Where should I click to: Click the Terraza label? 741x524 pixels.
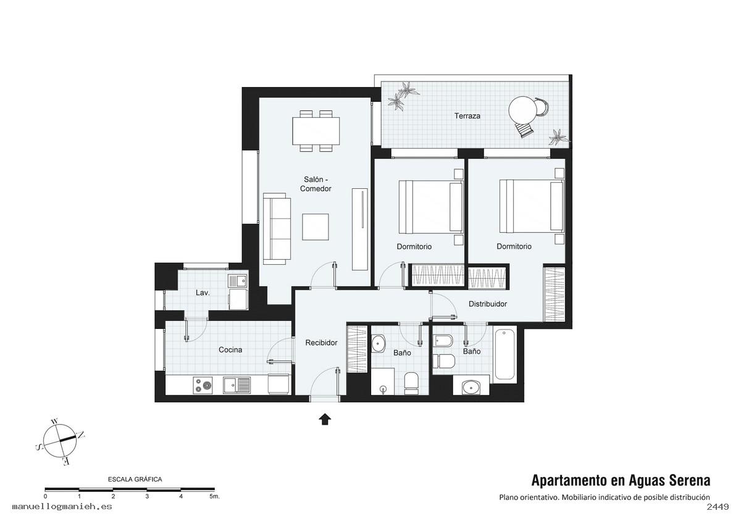(x=467, y=116)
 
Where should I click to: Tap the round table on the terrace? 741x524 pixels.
(x=522, y=110)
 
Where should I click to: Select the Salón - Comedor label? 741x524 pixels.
(x=316, y=184)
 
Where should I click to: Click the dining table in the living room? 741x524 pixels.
(x=316, y=131)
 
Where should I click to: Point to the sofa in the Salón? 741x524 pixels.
(x=277, y=229)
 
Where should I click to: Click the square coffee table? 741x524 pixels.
(x=316, y=227)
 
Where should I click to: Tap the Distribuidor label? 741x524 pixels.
(x=488, y=304)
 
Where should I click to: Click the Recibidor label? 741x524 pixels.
(x=321, y=343)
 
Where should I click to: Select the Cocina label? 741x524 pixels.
(x=230, y=350)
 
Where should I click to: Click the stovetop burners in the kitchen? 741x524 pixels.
(x=203, y=386)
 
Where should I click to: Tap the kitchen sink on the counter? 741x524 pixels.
(x=237, y=386)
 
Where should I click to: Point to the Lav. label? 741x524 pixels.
(x=203, y=293)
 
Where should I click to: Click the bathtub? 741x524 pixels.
(x=504, y=354)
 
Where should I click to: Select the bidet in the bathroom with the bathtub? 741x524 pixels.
(x=442, y=341)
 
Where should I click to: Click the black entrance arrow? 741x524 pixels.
(x=325, y=419)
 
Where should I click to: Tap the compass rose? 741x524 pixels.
(x=60, y=441)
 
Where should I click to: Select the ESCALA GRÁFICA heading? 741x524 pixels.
(x=135, y=479)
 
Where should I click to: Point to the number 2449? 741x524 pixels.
(x=718, y=507)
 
